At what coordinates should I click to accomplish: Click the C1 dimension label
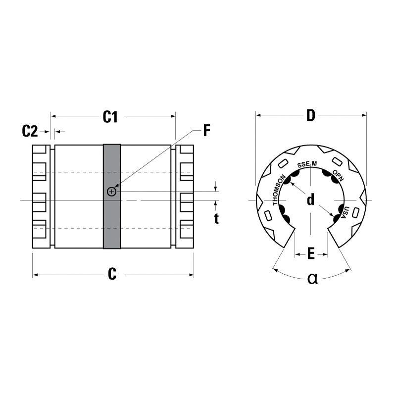[x=110, y=117]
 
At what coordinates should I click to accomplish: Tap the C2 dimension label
[x=30, y=131]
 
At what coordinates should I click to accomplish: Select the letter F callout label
[x=207, y=131]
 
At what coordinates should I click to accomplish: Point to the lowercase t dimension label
[x=216, y=219]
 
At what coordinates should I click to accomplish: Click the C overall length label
[x=112, y=274]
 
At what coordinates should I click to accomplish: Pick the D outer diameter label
[x=311, y=115]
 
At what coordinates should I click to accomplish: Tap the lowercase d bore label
[x=311, y=199]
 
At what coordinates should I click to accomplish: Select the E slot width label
[x=311, y=254]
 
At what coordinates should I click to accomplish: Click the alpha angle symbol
[x=312, y=279]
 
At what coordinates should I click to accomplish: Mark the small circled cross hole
[x=112, y=192]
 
